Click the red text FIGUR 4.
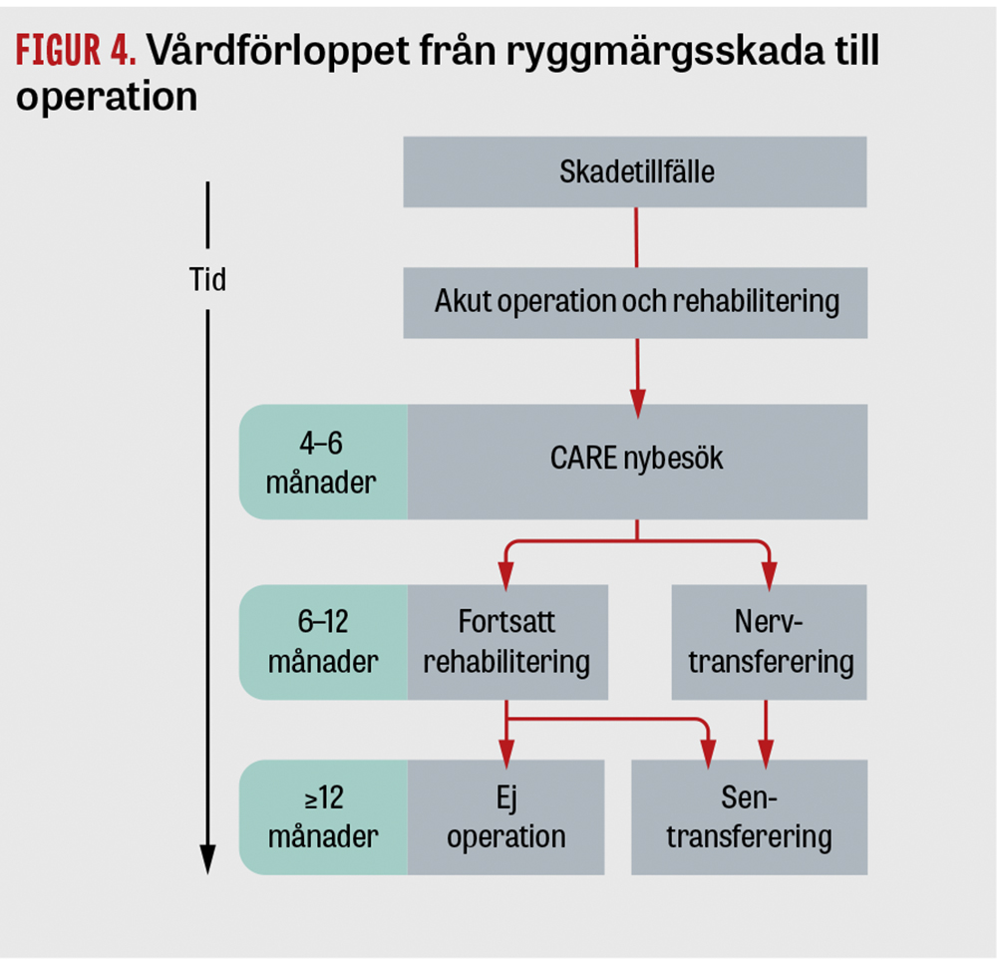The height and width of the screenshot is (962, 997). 76,50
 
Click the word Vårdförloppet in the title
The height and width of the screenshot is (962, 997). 278,52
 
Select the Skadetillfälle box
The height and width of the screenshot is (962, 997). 634,171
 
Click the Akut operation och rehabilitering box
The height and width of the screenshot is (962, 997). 635,303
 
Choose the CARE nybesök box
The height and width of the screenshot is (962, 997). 637,462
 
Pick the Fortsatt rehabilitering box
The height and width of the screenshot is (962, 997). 507,642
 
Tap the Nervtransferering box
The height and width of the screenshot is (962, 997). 770,642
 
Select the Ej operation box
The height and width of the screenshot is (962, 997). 505,817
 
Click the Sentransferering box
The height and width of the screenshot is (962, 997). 749,817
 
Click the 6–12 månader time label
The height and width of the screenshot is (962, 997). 324,642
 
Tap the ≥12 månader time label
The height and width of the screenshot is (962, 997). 324,817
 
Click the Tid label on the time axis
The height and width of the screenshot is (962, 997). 207,279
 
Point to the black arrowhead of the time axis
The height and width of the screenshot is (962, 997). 207,859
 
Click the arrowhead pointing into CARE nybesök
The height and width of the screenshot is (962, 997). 637,404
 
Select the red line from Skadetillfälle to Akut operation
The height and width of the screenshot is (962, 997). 636,237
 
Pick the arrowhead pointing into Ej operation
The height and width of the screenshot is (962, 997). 506,754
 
